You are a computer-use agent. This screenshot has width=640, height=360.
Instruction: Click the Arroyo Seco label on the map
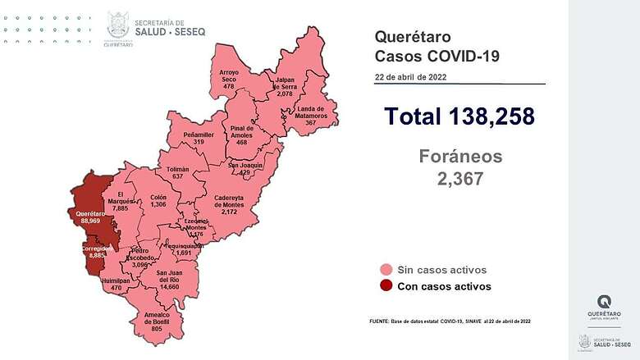229,80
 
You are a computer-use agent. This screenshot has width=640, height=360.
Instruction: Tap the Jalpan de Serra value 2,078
285,94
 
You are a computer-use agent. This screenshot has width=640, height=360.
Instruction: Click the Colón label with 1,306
158,200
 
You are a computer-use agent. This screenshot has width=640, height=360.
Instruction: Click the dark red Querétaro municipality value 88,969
89,221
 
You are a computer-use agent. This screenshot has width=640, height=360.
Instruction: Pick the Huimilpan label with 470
111,284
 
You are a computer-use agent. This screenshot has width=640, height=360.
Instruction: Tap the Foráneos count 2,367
459,179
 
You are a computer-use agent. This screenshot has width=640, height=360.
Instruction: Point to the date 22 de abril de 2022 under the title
410,77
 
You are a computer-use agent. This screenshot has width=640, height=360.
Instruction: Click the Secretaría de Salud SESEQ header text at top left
171,27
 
